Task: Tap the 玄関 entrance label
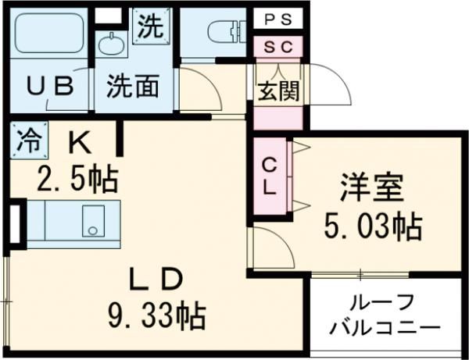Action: (278, 91)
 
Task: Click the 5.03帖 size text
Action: (372, 226)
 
